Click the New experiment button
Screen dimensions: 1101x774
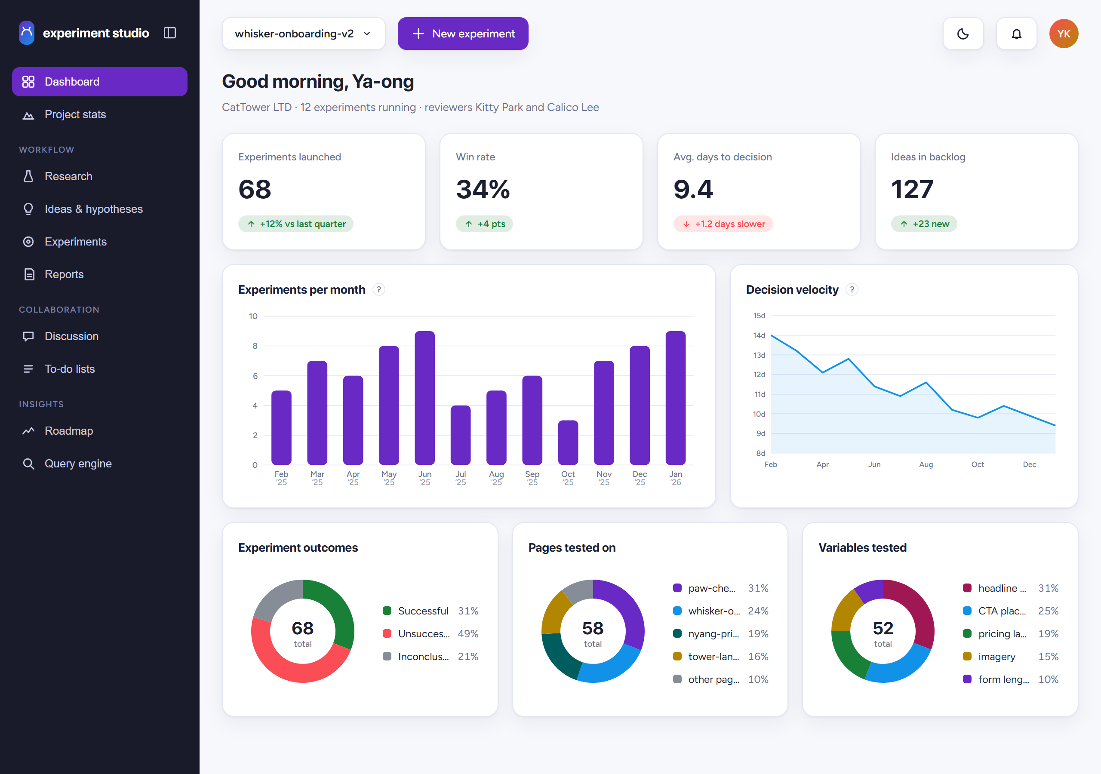463,34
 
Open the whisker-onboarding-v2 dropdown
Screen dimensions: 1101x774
304,34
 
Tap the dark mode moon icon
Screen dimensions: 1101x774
963,34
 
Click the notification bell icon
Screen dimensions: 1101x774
1016,34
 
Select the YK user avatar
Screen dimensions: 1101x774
1064,34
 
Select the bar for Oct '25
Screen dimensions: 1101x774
568,442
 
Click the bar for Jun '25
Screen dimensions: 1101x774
424,398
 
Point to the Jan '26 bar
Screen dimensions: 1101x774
675,398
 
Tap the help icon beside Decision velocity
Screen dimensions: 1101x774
852,290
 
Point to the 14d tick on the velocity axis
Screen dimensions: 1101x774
759,335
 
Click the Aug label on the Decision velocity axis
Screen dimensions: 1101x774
926,464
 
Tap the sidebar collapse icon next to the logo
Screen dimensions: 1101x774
170,33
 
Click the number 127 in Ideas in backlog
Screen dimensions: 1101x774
912,190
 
